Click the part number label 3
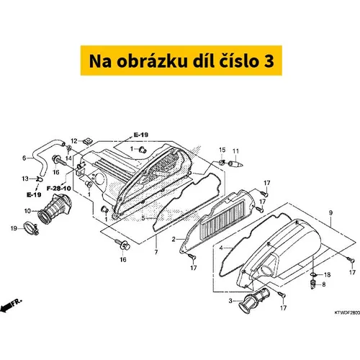(x=230, y=301)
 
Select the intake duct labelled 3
(x=254, y=301)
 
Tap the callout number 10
(x=27, y=211)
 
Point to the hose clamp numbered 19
(x=32, y=228)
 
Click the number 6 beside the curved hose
(x=24, y=158)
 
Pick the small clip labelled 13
(x=40, y=179)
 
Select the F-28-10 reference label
(x=59, y=189)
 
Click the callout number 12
(x=74, y=141)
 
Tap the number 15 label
(x=222, y=150)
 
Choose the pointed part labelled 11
(x=236, y=164)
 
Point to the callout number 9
(x=330, y=212)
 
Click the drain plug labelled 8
(x=313, y=284)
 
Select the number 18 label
(x=327, y=274)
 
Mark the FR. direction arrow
(x=11, y=305)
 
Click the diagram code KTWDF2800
(x=347, y=312)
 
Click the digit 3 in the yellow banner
(x=269, y=61)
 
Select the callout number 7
(x=156, y=252)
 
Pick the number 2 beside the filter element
(x=174, y=239)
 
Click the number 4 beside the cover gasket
(x=221, y=248)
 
